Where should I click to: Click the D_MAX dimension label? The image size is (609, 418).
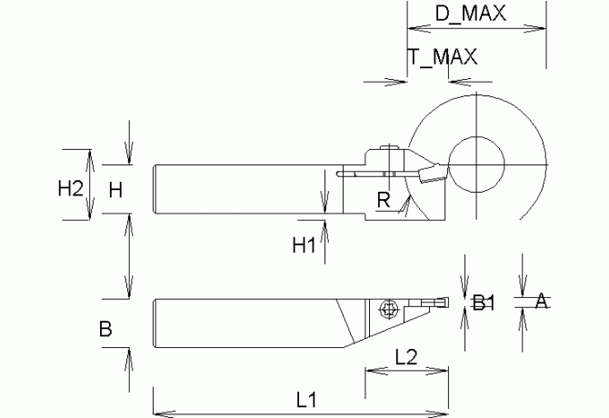click(470, 13)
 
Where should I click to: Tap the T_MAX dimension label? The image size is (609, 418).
click(443, 56)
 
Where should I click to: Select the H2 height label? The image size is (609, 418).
click(71, 189)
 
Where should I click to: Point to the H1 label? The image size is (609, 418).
click(304, 244)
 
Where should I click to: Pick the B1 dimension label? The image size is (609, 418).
click(484, 304)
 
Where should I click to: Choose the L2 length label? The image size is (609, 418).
click(406, 357)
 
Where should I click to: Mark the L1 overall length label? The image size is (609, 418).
click(306, 400)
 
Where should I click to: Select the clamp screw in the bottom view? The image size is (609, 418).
click(388, 308)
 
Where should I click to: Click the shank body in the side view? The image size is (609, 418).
click(236, 189)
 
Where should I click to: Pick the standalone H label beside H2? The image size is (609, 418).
click(115, 190)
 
